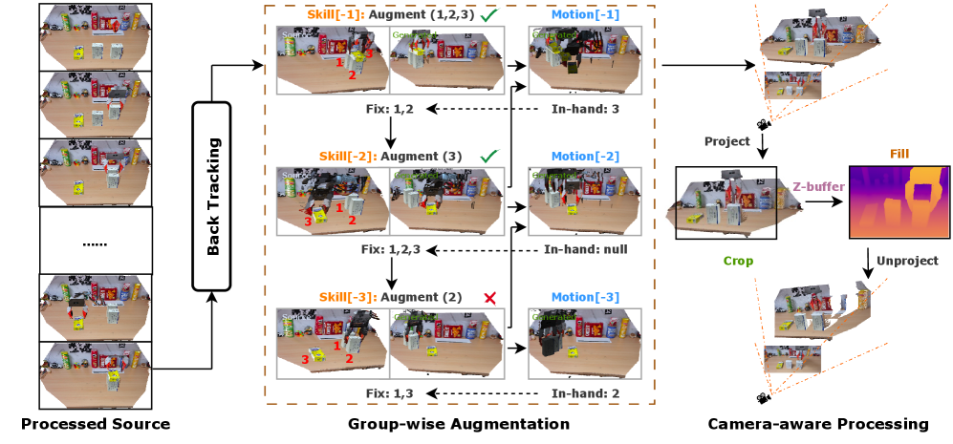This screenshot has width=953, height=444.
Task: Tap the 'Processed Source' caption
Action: [96, 424]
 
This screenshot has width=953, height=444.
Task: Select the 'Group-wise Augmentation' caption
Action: [459, 424]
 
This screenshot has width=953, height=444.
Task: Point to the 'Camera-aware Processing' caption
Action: [817, 424]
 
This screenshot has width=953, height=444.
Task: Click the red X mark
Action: [490, 298]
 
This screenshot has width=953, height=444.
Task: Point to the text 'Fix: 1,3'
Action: [391, 392]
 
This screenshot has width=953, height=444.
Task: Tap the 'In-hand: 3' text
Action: [586, 109]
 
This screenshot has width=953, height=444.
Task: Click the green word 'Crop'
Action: [737, 260]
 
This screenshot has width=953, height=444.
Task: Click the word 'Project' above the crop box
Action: [726, 140]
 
